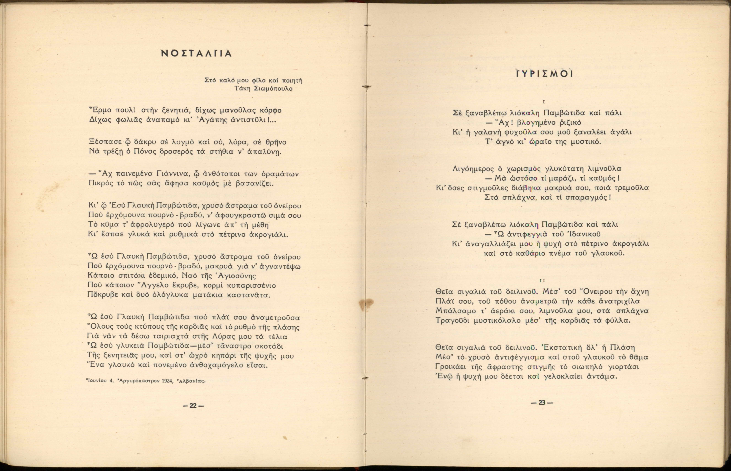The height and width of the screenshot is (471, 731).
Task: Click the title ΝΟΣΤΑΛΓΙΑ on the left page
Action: pyautogui.click(x=196, y=54)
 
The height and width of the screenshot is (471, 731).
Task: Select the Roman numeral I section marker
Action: pyautogui.click(x=543, y=102)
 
